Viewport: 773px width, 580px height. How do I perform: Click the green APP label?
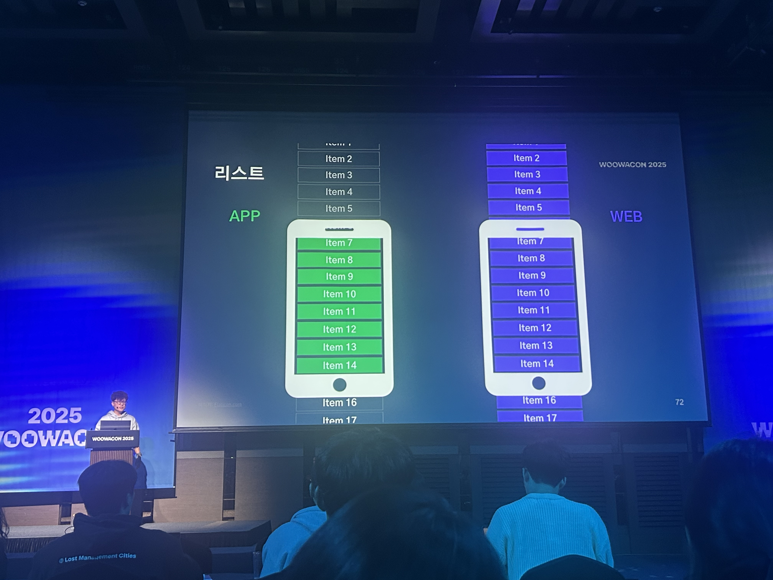click(245, 216)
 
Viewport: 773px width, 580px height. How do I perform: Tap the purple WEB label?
click(626, 216)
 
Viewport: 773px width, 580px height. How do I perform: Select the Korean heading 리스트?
click(239, 173)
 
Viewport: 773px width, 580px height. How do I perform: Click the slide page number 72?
click(679, 402)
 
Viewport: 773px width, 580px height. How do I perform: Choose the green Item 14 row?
click(339, 365)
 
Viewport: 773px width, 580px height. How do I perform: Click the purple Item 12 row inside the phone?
click(535, 328)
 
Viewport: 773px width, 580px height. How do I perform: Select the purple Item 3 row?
click(527, 174)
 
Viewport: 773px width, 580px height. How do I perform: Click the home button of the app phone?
click(339, 385)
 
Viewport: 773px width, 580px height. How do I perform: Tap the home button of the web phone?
click(539, 383)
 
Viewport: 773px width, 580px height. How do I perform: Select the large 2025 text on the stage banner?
click(55, 416)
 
